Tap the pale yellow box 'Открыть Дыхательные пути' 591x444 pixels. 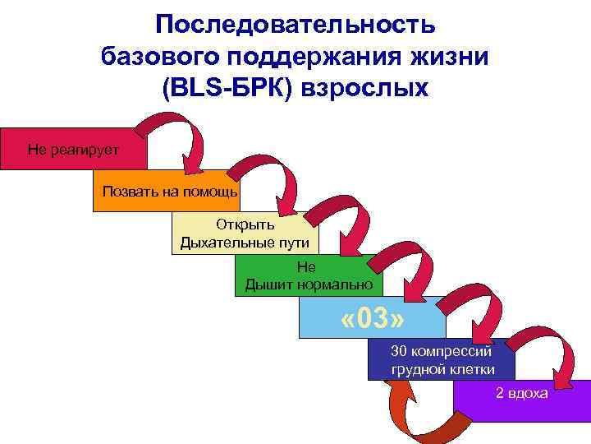coord(245,234)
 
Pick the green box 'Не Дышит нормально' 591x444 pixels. coord(309,276)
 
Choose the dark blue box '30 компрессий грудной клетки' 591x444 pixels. coord(442,359)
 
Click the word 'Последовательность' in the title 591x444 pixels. coord(295,25)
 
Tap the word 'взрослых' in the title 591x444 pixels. coord(366,87)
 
